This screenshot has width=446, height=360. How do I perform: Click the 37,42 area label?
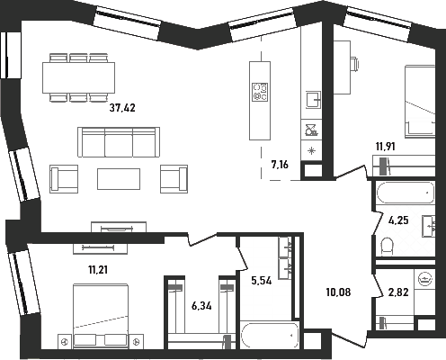coord(122,107)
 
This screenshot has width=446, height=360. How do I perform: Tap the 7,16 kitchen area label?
coord(280,165)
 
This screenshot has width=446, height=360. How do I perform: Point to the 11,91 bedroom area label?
coord(386,147)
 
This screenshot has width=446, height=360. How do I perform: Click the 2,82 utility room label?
coord(398,292)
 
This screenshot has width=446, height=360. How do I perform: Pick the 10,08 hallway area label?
coord(338,292)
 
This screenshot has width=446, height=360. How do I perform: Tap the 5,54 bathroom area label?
coord(262,281)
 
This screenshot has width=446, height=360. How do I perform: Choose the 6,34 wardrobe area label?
coord(201,306)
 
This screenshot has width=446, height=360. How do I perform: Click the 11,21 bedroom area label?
coord(98,270)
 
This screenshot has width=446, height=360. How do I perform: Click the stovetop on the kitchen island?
coord(260,92)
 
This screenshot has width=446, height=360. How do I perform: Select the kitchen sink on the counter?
coord(313,100)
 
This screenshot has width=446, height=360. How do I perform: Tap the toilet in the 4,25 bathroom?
coord(387,247)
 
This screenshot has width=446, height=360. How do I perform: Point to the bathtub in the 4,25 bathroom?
coord(406,193)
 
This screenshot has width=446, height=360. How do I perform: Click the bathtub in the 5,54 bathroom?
coord(270,335)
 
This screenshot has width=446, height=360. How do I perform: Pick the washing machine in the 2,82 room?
coord(424,280)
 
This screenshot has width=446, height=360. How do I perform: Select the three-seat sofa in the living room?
coord(119,142)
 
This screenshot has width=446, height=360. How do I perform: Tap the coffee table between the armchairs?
coord(119,179)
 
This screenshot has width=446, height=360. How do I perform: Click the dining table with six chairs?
coord(78,77)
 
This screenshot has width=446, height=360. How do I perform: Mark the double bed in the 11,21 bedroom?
coord(101,316)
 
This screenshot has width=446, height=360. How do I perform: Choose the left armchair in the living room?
coord(64,179)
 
